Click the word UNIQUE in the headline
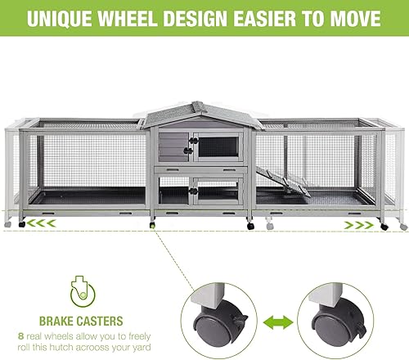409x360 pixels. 63,19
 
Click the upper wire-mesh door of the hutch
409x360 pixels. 218,146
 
